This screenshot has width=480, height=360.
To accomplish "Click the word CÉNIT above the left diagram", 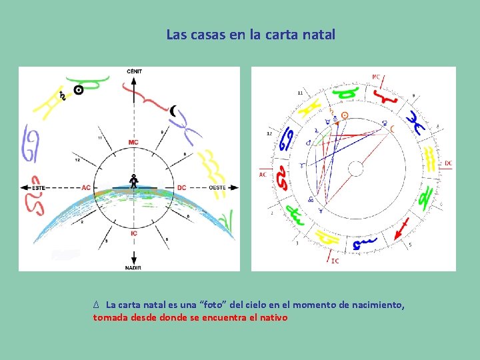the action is [x=134, y=71].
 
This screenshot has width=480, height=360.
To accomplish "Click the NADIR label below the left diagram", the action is [x=133, y=267].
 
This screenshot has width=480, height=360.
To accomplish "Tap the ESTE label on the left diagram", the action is [x=40, y=188].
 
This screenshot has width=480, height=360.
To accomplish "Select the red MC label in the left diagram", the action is [x=133, y=142].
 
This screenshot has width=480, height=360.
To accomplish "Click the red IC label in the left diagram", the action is [x=133, y=233].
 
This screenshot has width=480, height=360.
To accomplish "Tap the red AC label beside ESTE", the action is [x=86, y=188].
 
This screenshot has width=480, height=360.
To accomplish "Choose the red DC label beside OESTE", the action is [x=181, y=188].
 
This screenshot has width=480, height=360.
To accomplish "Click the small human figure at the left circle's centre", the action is [x=133, y=181].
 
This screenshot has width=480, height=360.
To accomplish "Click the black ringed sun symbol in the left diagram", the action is [x=79, y=89].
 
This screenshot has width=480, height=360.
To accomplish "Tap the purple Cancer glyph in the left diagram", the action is [x=31, y=143].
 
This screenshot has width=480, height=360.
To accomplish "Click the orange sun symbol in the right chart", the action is [x=344, y=115].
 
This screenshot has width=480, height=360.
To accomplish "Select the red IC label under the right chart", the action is [x=335, y=261].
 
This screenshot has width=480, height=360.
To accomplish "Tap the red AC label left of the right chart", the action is [x=263, y=175].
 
